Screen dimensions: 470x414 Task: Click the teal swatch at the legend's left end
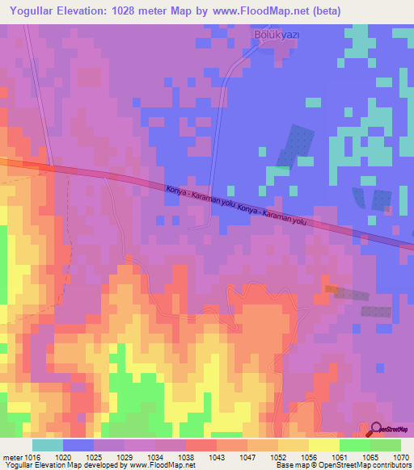(47, 446)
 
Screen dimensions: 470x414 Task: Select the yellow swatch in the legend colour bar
(323, 446)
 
